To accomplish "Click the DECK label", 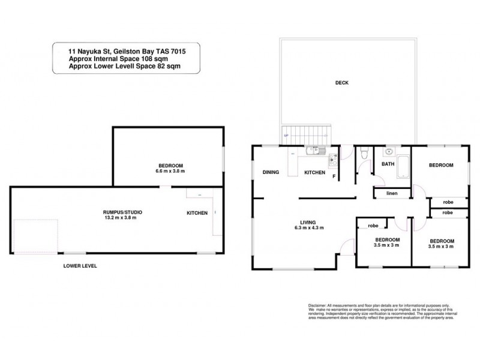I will coord(343,83).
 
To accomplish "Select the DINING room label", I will coord(272,173).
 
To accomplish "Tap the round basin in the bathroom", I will coord(389,152).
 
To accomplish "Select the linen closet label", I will coord(392,193).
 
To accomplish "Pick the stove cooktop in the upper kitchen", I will coord(332,159).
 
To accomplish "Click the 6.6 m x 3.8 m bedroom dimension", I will coord(167,171).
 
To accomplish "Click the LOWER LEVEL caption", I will coord(80,265).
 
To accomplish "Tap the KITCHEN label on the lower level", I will coord(197,213).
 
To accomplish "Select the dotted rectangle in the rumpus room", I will coord(35,236).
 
